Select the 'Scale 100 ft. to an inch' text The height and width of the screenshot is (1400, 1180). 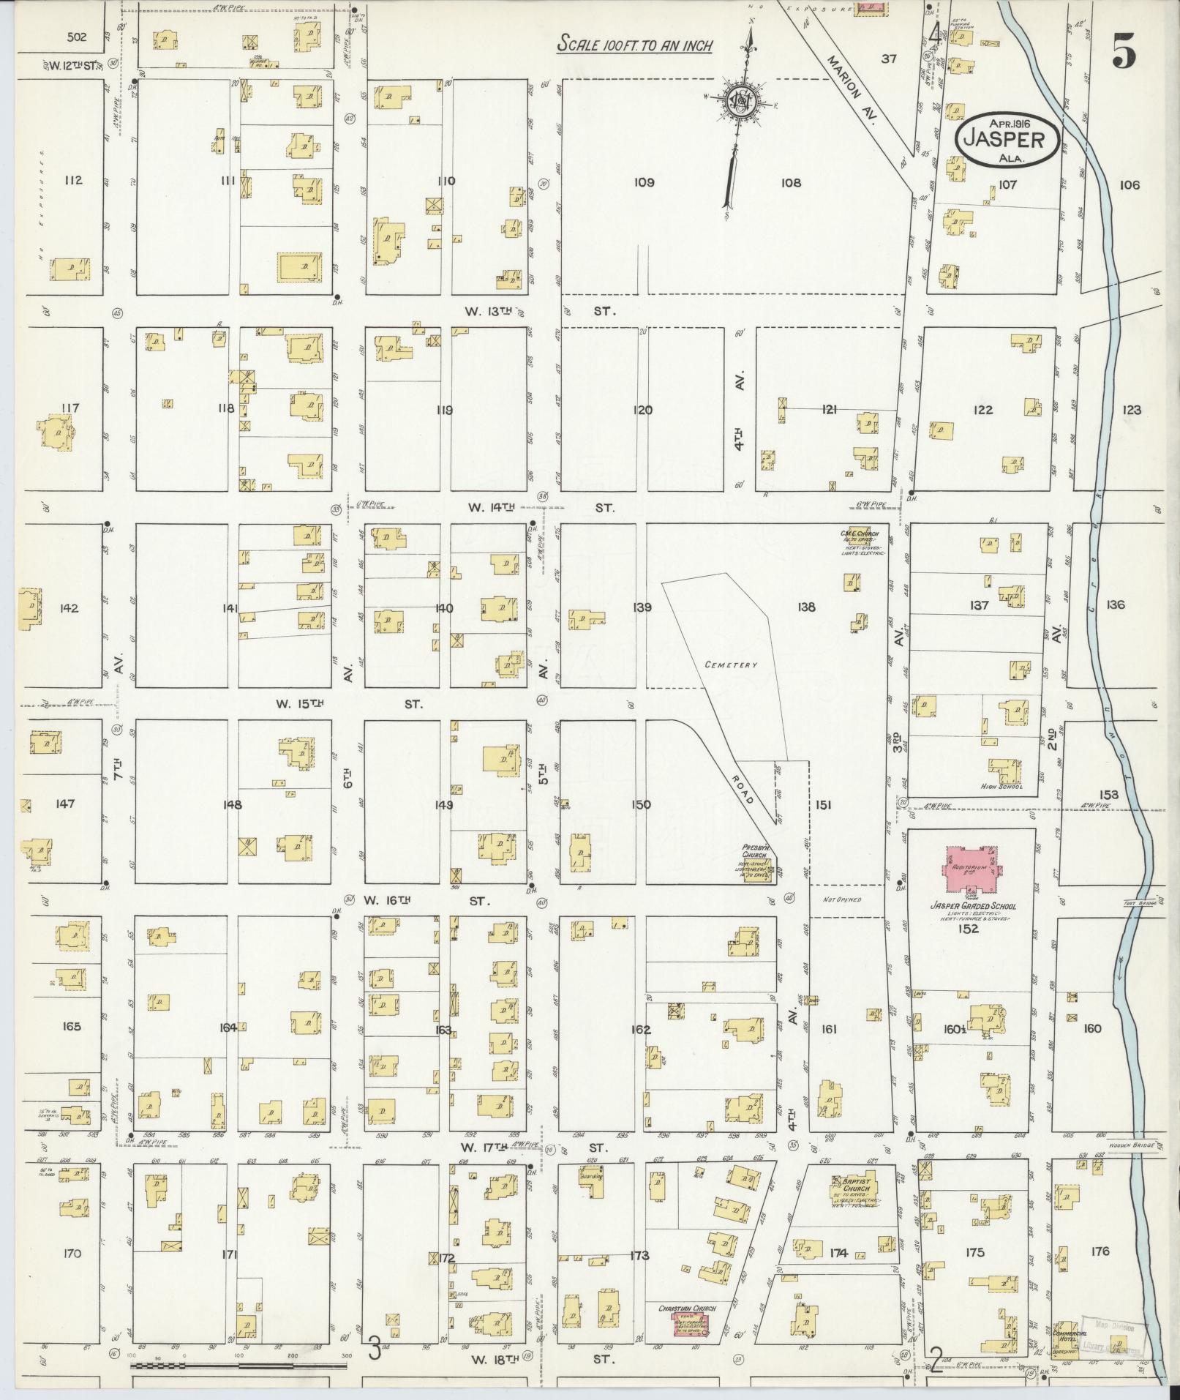[x=635, y=44]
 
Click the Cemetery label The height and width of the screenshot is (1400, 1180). [x=729, y=665]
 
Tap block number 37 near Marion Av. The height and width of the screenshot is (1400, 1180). [x=888, y=59]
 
